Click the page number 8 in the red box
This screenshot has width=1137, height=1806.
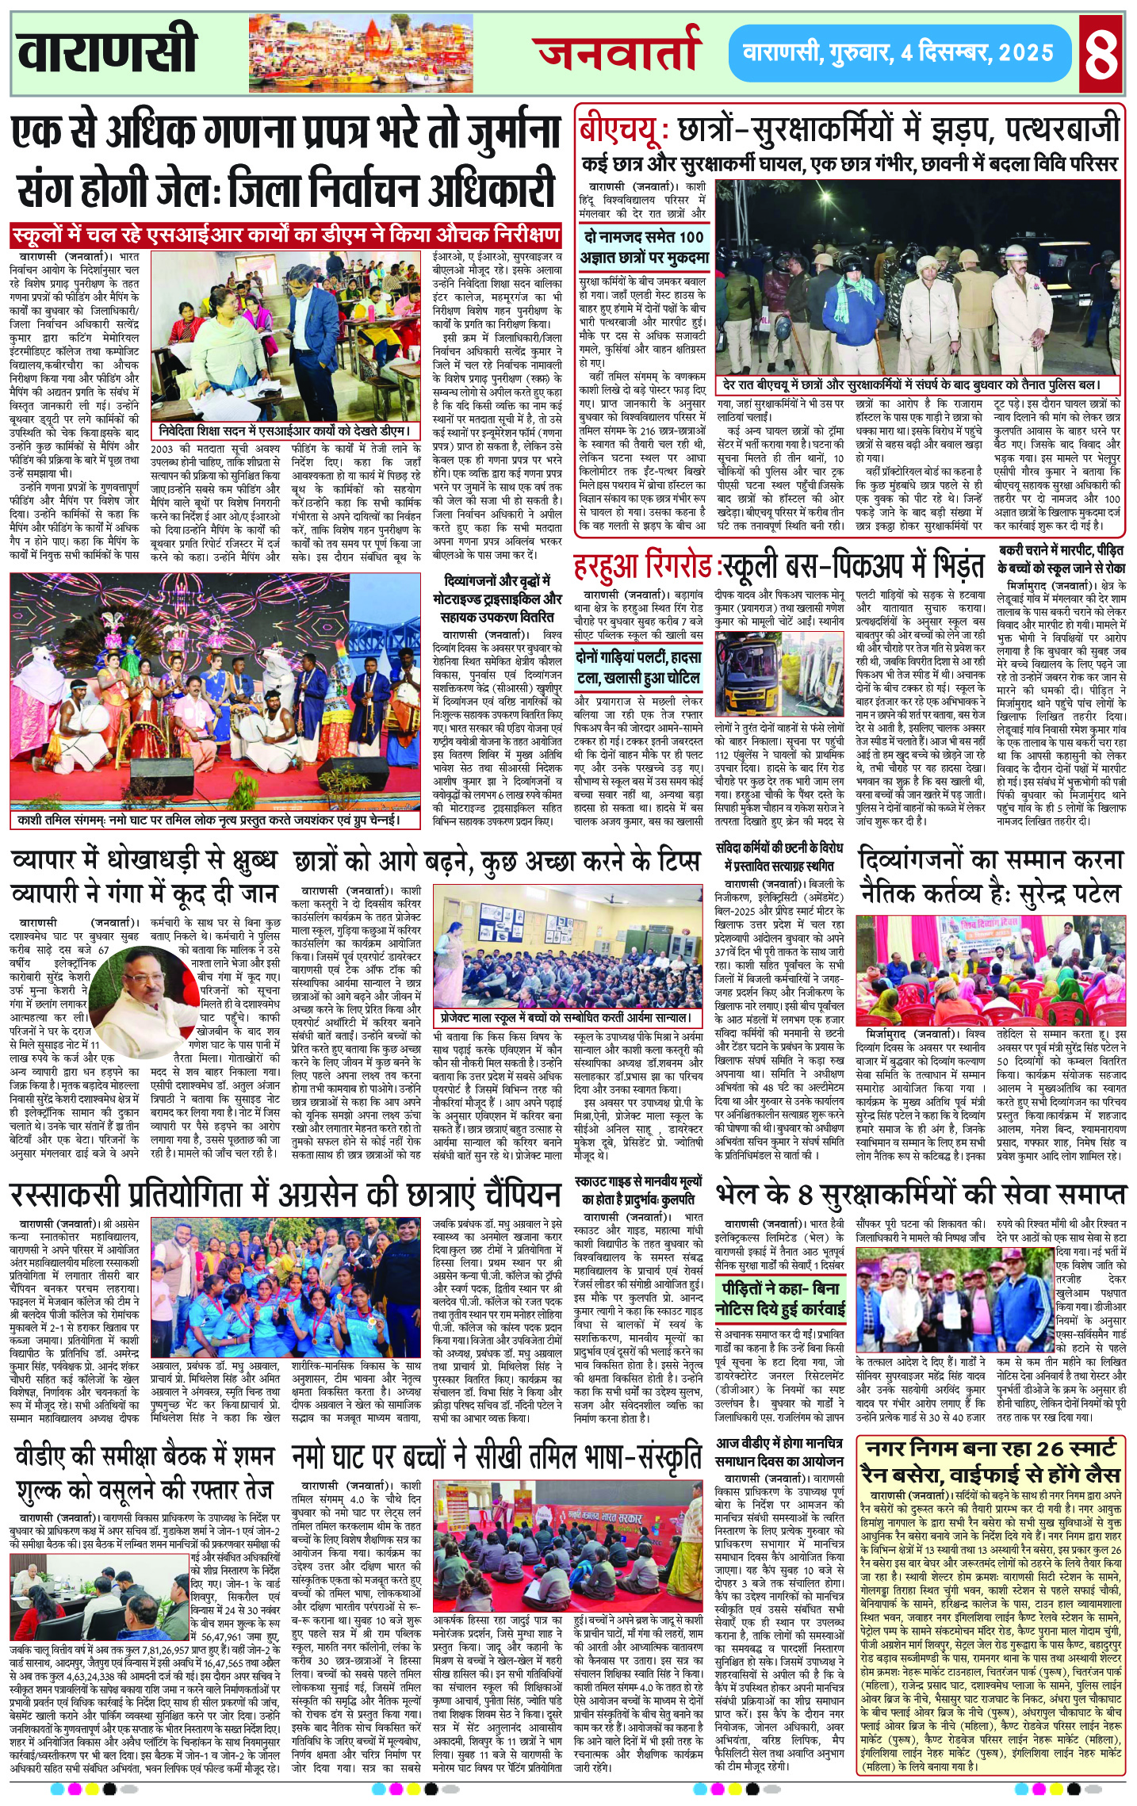pos(1102,52)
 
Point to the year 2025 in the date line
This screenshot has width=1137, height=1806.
pos(1026,53)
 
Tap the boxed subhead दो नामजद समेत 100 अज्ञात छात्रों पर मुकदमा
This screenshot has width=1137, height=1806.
pos(644,247)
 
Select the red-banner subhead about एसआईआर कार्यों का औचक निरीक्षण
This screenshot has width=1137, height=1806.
pos(285,235)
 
